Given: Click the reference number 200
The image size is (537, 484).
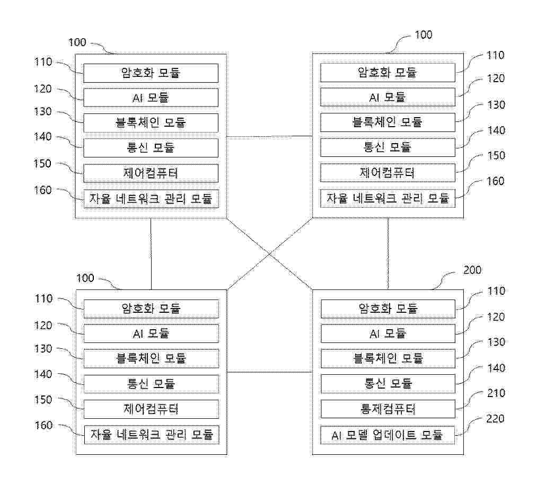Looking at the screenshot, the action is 472,270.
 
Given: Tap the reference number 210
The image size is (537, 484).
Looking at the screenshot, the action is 496,393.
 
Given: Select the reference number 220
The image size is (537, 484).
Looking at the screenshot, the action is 495,418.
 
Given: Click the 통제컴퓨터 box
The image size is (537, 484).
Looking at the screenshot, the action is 388,409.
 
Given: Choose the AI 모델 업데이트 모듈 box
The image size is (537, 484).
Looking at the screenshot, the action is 388,435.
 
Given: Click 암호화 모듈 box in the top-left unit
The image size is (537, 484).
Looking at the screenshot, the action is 151,73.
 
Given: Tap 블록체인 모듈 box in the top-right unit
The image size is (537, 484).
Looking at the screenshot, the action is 388,122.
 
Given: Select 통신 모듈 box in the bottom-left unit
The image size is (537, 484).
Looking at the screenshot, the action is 152,384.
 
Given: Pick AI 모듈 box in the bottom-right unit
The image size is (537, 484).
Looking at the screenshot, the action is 388,333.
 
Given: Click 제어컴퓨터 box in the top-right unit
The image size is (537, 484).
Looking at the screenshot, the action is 388,173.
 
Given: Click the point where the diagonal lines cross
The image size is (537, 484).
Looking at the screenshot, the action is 270,253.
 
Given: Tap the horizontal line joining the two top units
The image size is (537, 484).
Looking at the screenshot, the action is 269,137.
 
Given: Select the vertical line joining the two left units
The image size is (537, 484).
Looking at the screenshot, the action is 151,254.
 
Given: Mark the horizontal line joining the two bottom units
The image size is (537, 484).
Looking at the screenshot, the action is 270,372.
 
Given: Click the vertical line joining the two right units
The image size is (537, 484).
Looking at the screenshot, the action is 388,254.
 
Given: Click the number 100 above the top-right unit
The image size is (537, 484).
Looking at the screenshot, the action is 424,34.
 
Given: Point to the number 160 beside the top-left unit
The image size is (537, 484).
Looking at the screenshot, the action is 43,190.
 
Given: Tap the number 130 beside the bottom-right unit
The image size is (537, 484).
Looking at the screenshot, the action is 496,342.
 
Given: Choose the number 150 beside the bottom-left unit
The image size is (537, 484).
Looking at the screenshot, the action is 43,399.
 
